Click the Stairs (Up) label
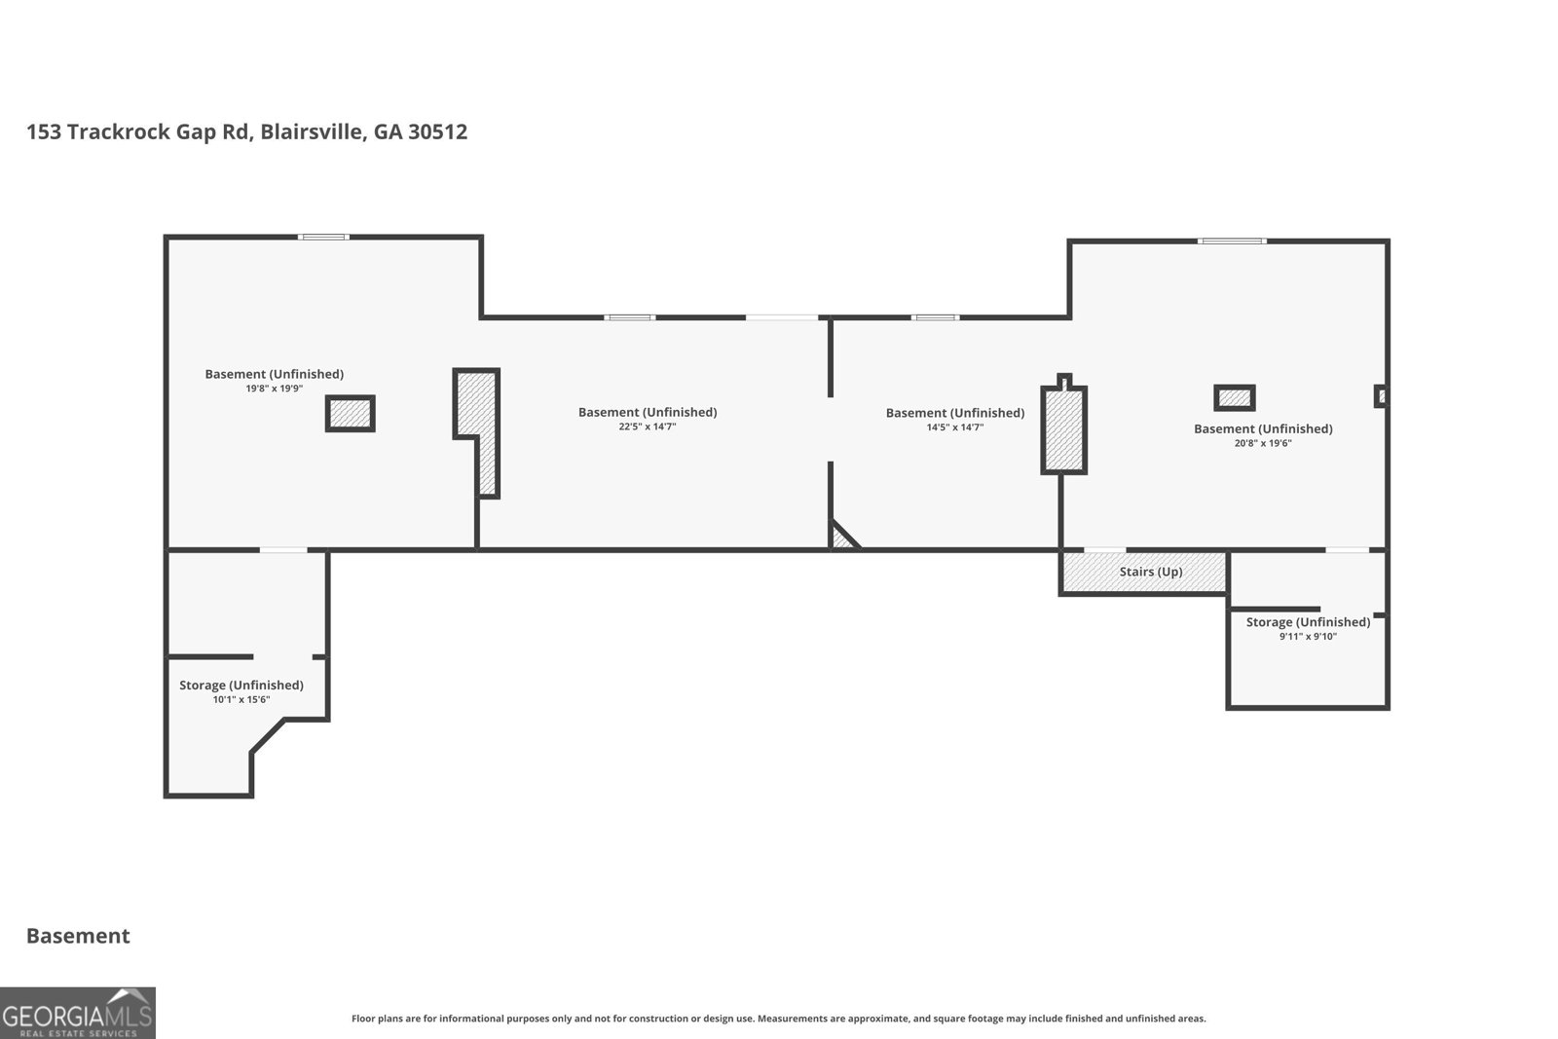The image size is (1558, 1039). tap(1150, 572)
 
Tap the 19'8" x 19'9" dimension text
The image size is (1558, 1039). tap(274, 389)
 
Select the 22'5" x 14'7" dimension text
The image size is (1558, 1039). tap(647, 427)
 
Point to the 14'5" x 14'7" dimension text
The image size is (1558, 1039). tap(954, 427)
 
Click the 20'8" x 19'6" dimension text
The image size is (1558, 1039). tap(1262, 444)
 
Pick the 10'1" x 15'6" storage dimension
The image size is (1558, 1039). tap(241, 699)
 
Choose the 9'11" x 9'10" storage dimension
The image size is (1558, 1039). tap(1308, 637)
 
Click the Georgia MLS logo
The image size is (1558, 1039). tap(77, 1013)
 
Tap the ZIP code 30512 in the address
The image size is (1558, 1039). tap(437, 131)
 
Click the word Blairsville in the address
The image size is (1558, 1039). tap(313, 131)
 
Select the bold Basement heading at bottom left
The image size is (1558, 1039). tap(78, 936)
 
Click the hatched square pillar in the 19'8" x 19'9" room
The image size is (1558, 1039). tap(351, 414)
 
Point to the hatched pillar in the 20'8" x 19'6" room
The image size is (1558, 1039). tap(1235, 398)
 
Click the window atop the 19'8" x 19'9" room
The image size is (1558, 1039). tap(323, 238)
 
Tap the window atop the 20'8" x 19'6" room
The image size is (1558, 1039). tap(1232, 241)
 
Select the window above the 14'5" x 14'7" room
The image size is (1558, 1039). tap(936, 317)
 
